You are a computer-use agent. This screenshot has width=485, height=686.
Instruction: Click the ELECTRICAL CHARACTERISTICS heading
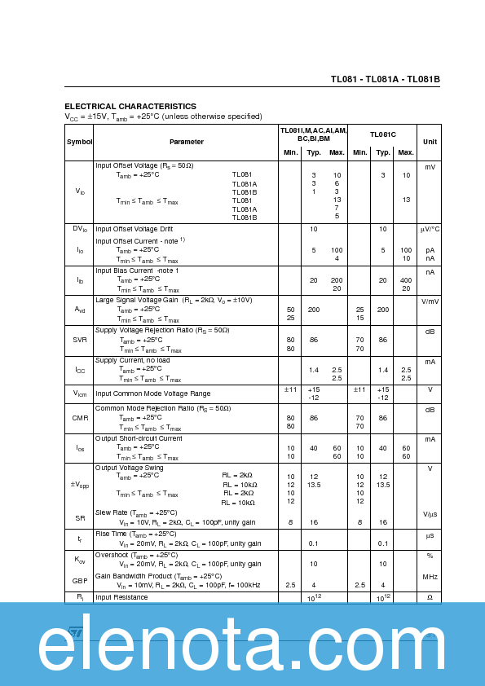130,107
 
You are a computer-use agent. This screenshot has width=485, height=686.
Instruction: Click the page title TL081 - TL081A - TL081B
385,79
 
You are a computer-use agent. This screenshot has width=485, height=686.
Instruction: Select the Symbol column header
80,142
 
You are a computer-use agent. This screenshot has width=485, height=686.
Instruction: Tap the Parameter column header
187,142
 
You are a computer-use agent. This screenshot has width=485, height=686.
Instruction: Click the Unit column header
430,142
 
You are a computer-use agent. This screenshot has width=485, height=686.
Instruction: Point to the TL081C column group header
382,134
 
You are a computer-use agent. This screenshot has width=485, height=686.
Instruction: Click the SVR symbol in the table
80,341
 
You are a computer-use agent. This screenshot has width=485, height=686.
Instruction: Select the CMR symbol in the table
80,418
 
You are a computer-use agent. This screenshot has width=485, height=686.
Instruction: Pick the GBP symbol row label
80,580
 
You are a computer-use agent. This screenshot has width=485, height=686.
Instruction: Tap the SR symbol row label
80,517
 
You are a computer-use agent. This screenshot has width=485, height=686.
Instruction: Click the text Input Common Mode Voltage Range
152,394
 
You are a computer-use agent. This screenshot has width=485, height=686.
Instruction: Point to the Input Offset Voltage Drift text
145,229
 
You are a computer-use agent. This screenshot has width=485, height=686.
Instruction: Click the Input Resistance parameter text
121,597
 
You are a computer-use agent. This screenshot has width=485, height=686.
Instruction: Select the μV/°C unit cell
430,230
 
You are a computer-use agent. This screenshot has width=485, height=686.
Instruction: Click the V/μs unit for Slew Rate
430,514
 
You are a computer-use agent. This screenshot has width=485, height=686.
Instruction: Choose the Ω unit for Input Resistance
430,597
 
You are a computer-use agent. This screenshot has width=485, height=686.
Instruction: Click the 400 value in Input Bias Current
406,280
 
